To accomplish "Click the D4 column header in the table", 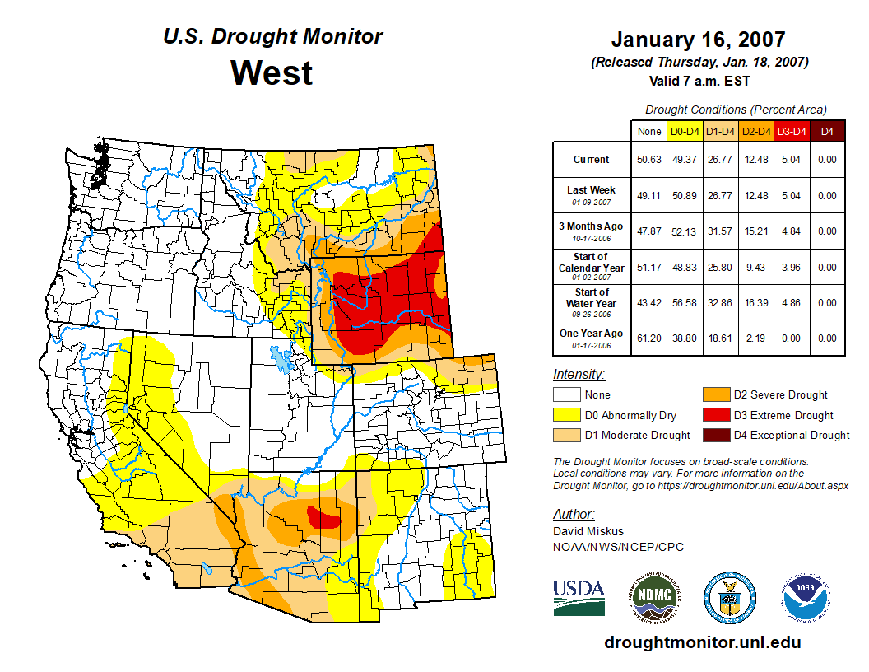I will tap(827, 131).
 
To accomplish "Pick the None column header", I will tap(648, 131).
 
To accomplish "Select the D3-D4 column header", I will tap(792, 131).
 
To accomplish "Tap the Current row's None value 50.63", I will tap(648, 160).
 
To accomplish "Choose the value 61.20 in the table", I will tap(648, 338).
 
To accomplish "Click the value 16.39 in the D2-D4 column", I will tap(755, 302).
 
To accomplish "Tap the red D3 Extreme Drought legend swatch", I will tap(715, 415).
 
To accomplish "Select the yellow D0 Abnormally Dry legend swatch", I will tap(567, 415).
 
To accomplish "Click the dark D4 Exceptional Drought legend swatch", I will tap(715, 436).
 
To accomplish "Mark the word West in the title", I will tap(272, 72).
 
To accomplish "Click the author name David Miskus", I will tap(589, 531).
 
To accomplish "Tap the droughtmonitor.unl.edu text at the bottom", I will tap(702, 642).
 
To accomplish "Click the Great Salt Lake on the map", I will tap(282, 360).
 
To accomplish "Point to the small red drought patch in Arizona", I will tap(325, 518).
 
